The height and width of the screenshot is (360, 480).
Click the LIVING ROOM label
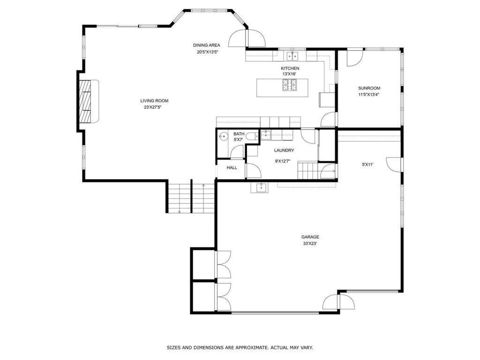point(154,101)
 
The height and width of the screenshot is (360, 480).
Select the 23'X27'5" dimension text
point(154,107)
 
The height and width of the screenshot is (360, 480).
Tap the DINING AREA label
point(206,45)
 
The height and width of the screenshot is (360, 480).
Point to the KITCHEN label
point(290,68)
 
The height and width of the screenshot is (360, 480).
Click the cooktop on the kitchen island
point(290,85)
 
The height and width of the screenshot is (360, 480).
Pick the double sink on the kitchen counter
point(293,56)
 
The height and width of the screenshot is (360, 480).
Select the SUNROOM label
point(369,88)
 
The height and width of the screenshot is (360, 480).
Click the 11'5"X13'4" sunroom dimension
point(369,94)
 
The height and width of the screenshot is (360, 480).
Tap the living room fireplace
point(86,101)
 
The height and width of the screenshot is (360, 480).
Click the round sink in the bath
point(223,137)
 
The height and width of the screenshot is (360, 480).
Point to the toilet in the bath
point(252,137)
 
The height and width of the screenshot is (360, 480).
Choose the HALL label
point(232,168)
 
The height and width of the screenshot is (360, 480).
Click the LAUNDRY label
point(284,150)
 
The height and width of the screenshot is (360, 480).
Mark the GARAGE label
point(310,237)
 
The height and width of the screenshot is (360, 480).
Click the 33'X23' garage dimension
point(310,244)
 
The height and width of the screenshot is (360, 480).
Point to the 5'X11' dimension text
point(367,165)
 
